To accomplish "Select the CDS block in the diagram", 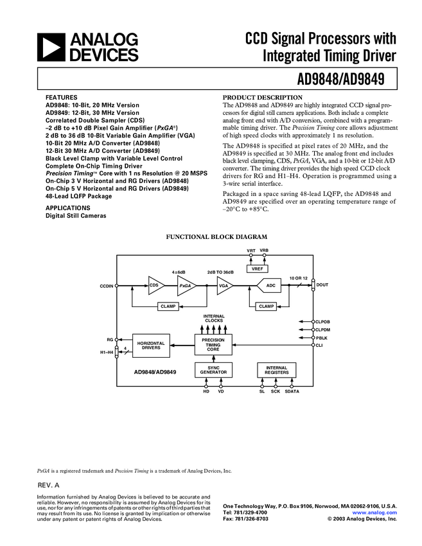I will pos(155,286).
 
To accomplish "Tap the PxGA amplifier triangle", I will pos(186,286).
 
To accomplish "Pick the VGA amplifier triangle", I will pos(224,286).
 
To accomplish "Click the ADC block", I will pos(270,286).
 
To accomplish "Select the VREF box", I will pos(259,269).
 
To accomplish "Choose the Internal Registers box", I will pos(277,370).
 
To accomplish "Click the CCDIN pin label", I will pos(107,285).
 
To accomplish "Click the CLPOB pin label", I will pos(324,321).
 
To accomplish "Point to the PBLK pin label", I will pos(321,337).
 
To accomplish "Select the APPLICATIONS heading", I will pos(67,208).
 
